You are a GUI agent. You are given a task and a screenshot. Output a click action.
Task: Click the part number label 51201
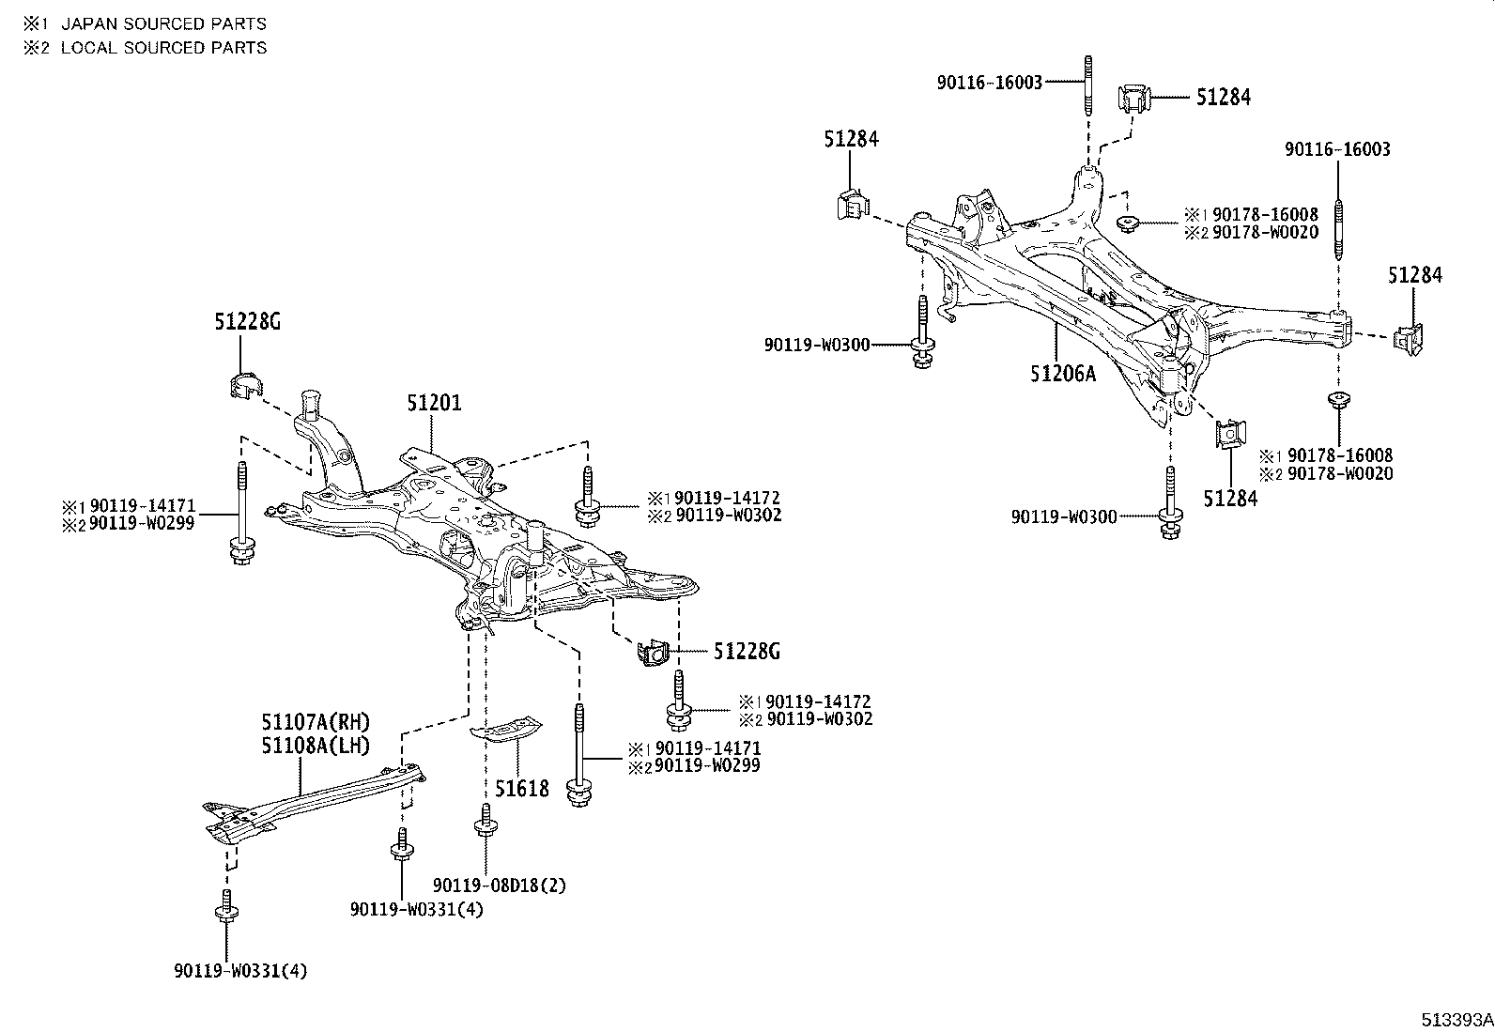pos(434,404)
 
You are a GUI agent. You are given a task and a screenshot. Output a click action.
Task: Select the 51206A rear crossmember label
pos(1062,374)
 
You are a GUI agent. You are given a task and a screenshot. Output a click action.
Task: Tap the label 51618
pos(522,788)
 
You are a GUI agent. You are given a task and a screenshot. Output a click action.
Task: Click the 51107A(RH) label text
pos(316,722)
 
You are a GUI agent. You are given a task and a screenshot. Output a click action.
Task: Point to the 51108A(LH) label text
pos(316,746)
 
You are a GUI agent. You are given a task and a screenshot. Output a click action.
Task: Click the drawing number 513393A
pos(1456,1020)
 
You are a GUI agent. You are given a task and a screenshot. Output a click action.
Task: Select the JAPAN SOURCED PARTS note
pos(163,24)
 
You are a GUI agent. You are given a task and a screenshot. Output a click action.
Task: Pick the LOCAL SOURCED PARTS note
pos(163,48)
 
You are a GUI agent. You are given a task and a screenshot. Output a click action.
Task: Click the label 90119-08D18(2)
pos(500,885)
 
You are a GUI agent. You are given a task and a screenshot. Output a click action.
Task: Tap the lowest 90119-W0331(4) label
pos(240,971)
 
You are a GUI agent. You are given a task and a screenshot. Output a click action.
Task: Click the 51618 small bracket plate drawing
pos(506,729)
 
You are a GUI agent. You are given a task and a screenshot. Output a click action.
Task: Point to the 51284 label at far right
pos(1415,275)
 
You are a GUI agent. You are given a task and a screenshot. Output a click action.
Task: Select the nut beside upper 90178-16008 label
pos(1128,223)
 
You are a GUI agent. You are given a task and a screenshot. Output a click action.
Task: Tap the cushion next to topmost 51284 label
pos(1133,99)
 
